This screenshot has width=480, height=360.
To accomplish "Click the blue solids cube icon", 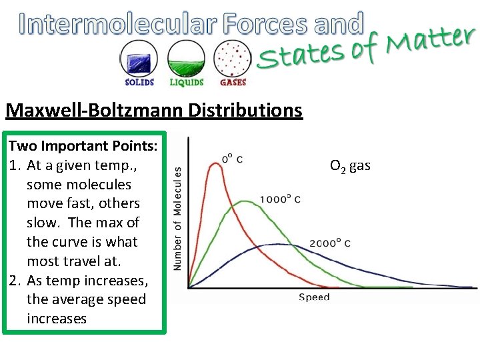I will (139, 59).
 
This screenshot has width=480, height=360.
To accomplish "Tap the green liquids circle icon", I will (186, 59).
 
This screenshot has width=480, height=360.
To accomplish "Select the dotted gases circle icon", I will (233, 59).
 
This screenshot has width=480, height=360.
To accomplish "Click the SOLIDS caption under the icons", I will (139, 83).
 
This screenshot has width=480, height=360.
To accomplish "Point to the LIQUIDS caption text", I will (186, 83).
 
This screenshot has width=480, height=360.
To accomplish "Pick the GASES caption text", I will (233, 83).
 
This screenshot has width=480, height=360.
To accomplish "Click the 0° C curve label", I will (232, 159).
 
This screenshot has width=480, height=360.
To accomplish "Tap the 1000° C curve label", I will (281, 199).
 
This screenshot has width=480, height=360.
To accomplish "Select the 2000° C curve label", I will (329, 243).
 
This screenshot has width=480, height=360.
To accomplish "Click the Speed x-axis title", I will (313, 297).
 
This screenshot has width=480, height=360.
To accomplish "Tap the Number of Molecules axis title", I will (177, 218).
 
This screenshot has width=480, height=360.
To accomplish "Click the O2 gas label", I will (350, 165).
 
